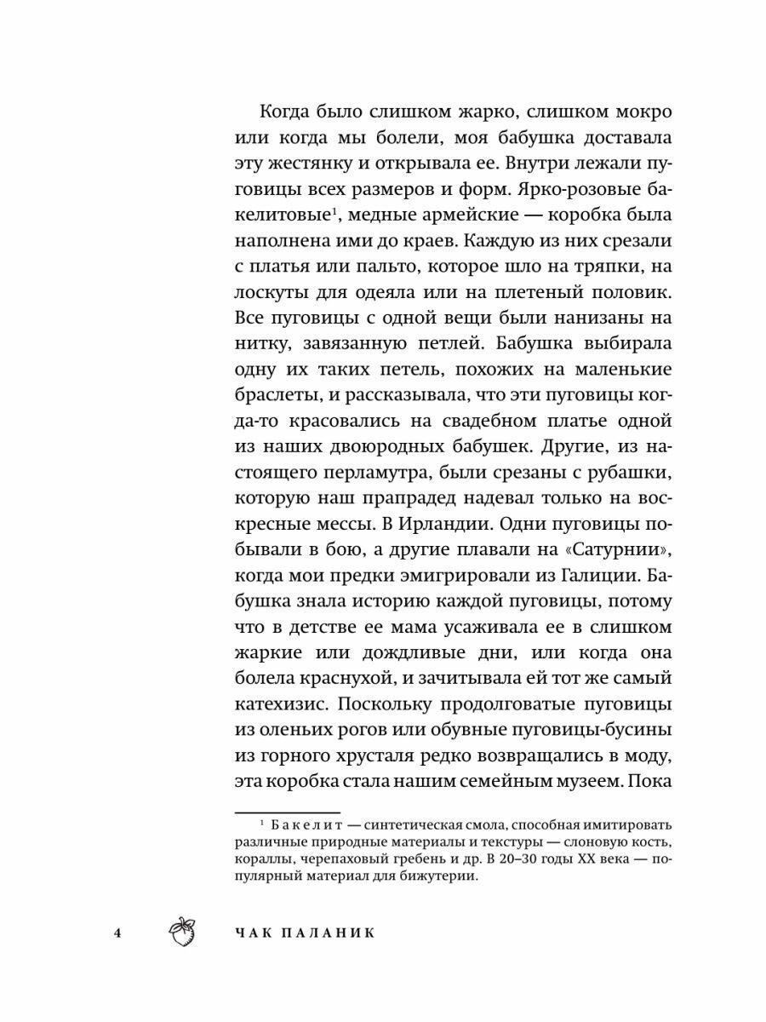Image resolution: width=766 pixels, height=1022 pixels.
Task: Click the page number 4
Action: coord(119,931)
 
